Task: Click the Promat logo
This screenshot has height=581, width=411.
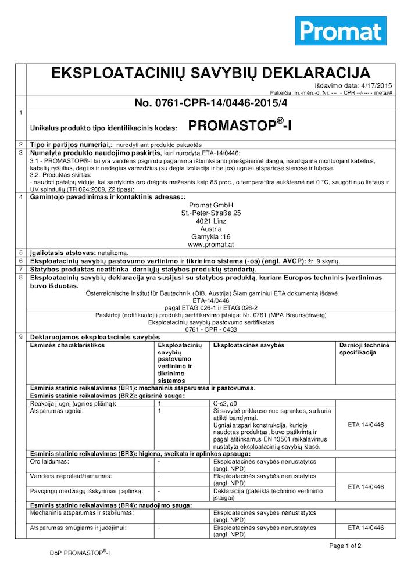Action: tap(341, 31)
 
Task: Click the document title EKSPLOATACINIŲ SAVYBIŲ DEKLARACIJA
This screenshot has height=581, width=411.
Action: tap(210, 73)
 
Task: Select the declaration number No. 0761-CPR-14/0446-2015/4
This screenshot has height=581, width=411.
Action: tap(210, 103)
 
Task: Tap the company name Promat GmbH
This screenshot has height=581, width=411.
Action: tap(211, 206)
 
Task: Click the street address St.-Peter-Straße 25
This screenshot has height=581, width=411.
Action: tap(211, 213)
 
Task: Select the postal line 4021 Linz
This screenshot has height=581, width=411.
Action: tap(211, 221)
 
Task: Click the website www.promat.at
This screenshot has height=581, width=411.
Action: tap(211, 245)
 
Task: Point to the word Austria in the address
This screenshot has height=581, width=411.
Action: tap(211, 229)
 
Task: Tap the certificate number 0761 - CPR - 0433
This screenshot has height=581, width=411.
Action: tap(211, 329)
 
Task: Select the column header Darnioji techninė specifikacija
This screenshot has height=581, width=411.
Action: tap(364, 349)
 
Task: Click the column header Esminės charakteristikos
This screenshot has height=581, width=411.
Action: tap(67, 345)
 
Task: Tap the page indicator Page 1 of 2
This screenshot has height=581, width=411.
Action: tap(345, 546)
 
